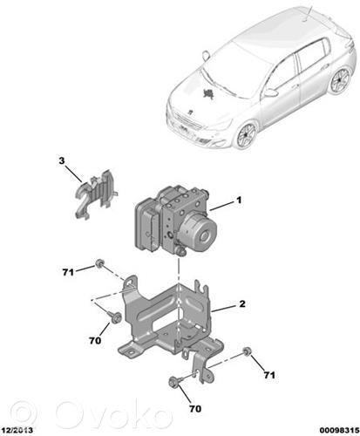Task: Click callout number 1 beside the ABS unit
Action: [239, 201]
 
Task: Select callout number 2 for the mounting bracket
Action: [242, 303]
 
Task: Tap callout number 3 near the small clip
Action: [62, 160]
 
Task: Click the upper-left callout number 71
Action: [68, 272]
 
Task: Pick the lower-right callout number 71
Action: [269, 375]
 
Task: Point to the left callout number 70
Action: [95, 340]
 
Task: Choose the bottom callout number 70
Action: [195, 409]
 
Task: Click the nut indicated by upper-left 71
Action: [99, 263]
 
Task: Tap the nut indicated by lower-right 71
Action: [248, 351]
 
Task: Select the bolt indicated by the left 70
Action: [114, 317]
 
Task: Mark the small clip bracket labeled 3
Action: [95, 193]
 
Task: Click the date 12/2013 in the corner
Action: [17, 430]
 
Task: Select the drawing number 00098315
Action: [340, 430]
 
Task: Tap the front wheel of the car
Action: [247, 135]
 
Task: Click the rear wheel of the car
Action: [341, 79]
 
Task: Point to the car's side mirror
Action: [271, 92]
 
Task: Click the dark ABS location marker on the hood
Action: [208, 93]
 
